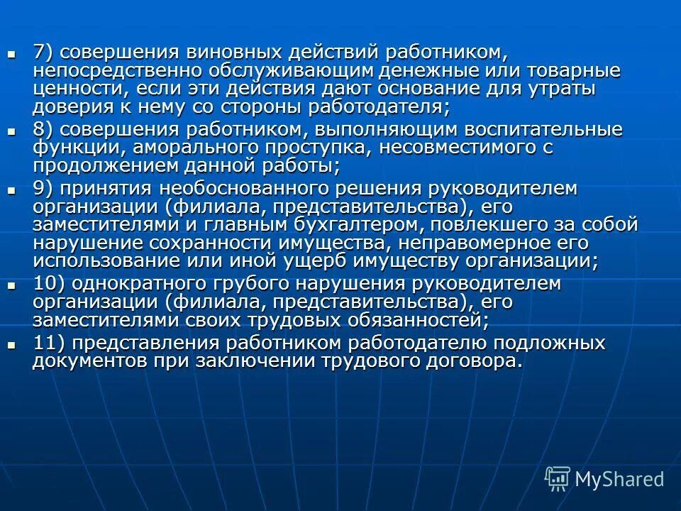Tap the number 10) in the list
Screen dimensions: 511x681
click(x=50, y=284)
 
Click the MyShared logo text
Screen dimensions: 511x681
click(x=619, y=479)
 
